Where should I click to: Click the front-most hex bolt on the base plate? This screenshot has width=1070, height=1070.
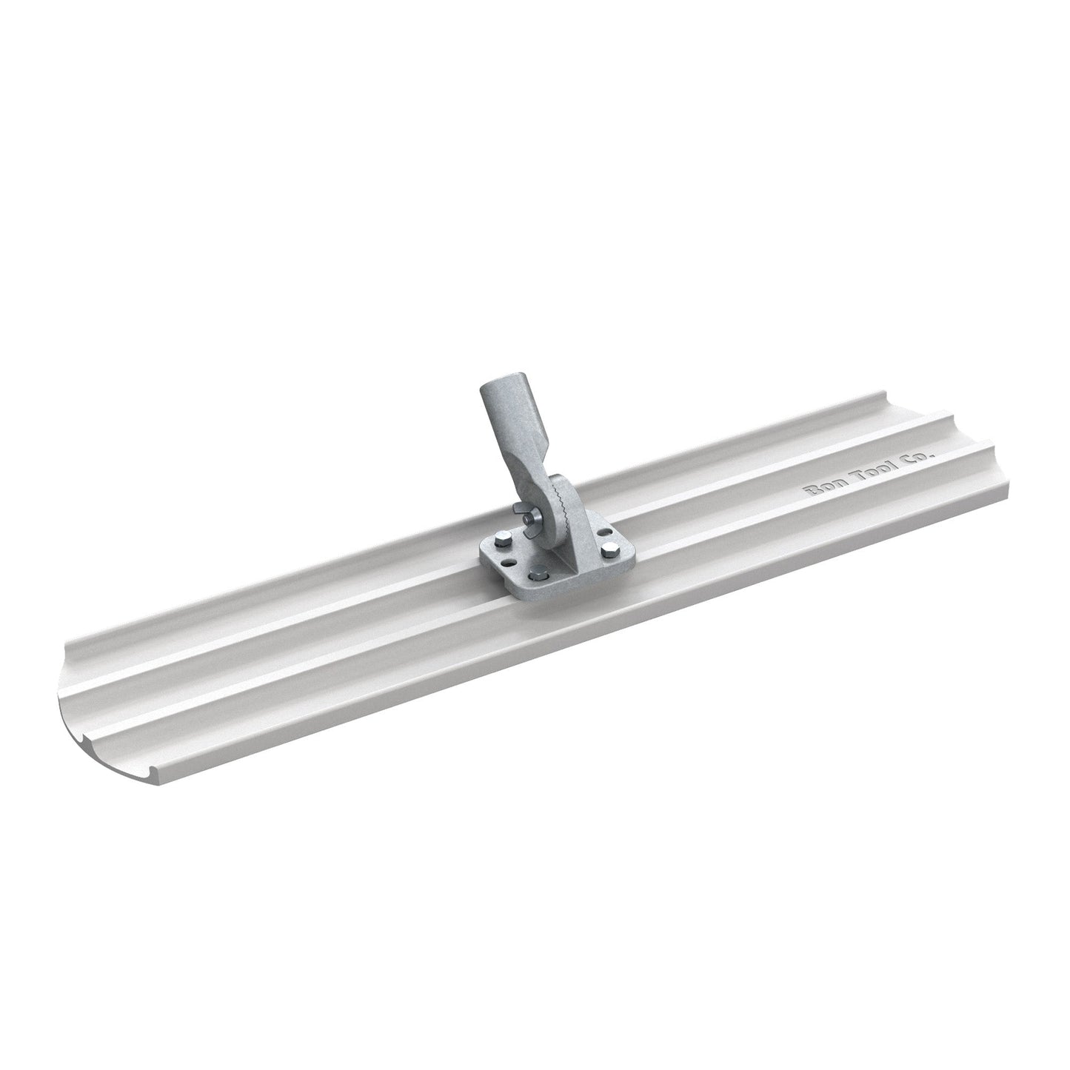[x=536, y=572]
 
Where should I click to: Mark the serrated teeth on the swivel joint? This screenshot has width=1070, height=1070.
[x=564, y=504]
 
